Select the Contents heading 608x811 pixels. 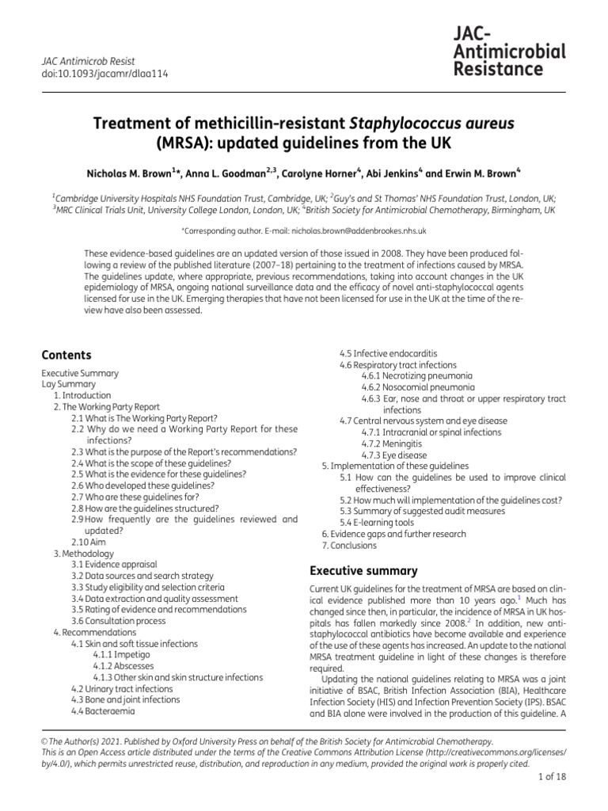tap(66, 355)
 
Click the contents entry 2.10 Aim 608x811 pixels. tap(88, 542)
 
